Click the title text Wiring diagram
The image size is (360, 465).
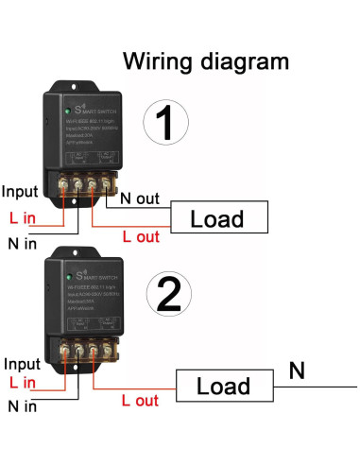(205, 62)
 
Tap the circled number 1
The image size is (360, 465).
(166, 123)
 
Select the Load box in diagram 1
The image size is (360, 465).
(217, 219)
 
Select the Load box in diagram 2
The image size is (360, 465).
(222, 386)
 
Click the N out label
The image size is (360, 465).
(140, 200)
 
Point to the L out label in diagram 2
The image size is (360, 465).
(140, 402)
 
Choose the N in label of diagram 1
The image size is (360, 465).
(22, 245)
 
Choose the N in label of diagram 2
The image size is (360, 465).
(22, 407)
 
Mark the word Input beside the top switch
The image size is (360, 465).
(21, 190)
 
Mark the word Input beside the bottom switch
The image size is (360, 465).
(22, 364)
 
